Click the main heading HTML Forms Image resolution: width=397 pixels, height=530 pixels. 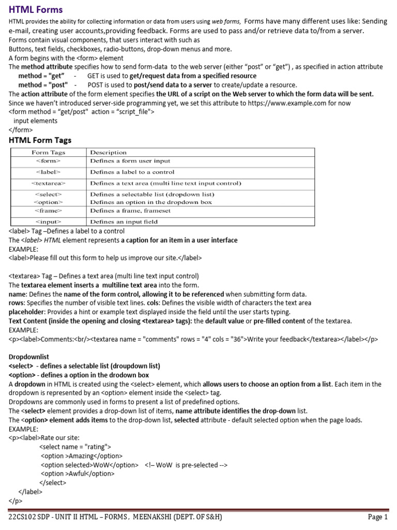36,9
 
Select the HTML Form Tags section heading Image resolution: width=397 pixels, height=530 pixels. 40,140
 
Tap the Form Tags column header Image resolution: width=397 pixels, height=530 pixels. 48,153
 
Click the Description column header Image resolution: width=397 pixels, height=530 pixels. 108,153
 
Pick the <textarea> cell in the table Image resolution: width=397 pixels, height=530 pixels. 48,183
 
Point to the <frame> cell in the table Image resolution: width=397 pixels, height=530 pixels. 48,211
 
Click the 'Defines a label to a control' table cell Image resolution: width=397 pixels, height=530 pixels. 132,172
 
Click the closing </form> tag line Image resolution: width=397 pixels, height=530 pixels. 21,130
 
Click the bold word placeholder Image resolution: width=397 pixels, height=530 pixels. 26,312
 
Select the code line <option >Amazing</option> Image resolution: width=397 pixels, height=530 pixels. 82,456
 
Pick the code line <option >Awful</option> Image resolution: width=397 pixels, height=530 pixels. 78,474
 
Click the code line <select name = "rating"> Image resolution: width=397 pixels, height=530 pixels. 75,447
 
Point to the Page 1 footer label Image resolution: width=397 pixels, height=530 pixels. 377,518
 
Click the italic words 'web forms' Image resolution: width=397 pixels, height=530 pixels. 225,22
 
